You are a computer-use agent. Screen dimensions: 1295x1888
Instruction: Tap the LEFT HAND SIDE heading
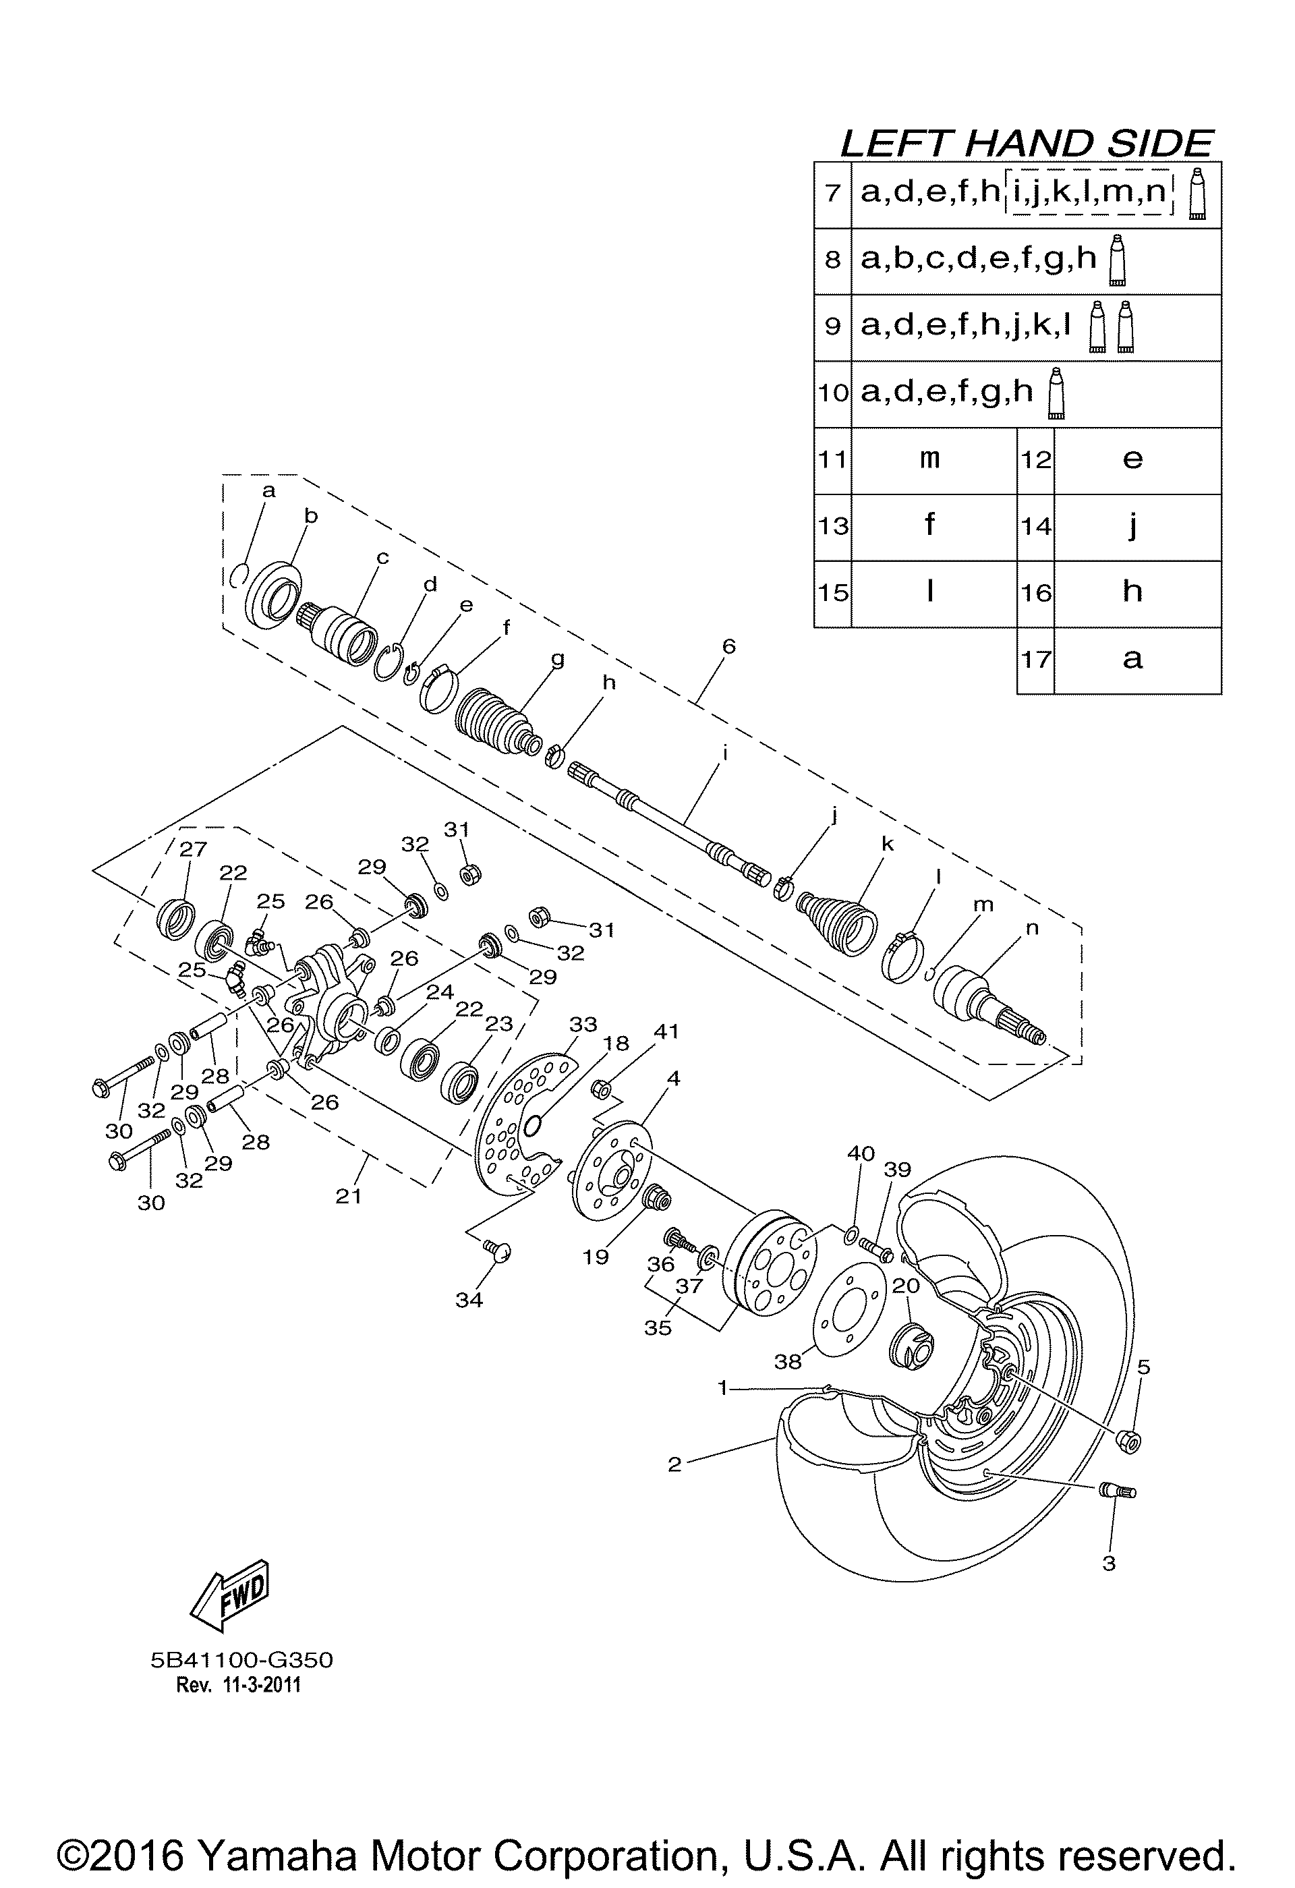click(x=1026, y=143)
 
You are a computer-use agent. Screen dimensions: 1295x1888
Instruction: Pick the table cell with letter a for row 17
click(x=1136, y=660)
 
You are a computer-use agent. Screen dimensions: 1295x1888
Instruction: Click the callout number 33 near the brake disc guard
click(x=583, y=1025)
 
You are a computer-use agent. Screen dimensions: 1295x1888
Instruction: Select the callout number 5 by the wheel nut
click(x=1143, y=1367)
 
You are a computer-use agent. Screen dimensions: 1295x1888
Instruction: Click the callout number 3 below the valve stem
click(x=1109, y=1562)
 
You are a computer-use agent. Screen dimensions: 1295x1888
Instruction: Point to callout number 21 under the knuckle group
click(x=349, y=1195)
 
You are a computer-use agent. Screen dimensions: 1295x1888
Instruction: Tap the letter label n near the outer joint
click(x=1032, y=927)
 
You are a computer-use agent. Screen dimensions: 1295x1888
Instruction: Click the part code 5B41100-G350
click(x=242, y=1660)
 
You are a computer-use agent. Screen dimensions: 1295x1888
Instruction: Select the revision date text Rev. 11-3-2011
click(x=239, y=1686)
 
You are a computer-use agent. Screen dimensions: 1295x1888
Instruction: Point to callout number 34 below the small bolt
click(x=469, y=1300)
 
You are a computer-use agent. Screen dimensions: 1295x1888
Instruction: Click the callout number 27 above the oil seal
click(x=194, y=849)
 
